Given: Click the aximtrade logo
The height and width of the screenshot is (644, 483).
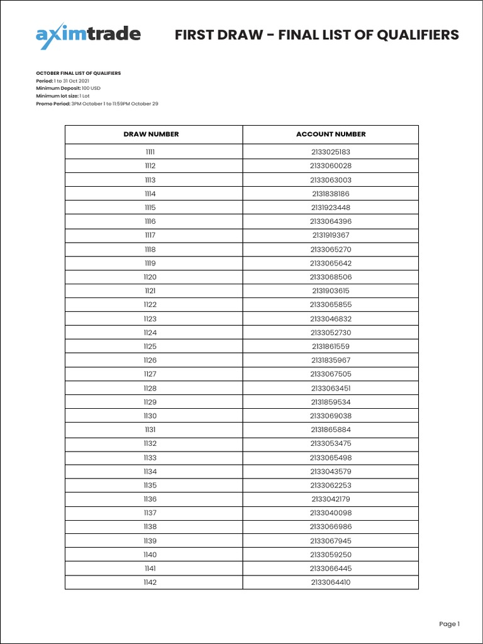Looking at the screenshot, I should [88, 36].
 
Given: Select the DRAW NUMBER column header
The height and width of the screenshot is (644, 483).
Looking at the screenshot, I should [151, 134].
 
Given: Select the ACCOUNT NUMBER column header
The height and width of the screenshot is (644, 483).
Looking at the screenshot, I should [331, 134].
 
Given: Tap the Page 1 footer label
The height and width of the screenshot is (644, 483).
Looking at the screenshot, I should [449, 624].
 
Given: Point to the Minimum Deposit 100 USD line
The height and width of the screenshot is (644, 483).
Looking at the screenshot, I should [69, 89].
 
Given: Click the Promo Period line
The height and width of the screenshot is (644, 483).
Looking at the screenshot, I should [97, 104].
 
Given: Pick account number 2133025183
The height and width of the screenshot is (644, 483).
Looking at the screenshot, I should [331, 152].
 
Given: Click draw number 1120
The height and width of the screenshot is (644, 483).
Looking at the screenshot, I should [150, 277].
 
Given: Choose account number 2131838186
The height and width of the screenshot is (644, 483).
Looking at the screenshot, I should [331, 194].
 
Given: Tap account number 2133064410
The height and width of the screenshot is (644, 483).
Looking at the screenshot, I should [331, 582].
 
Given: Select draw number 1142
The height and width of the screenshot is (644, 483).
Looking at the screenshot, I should [150, 582].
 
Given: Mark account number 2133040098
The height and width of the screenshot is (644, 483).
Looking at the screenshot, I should [331, 513].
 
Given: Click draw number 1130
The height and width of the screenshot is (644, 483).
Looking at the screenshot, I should [150, 416].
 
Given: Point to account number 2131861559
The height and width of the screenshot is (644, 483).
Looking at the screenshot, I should [331, 347].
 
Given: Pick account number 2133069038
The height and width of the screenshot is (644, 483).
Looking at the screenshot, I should [331, 416].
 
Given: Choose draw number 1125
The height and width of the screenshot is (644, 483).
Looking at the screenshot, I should [150, 347].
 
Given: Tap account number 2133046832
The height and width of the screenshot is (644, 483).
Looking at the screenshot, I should [331, 319].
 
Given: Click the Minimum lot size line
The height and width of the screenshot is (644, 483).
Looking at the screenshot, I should [63, 96].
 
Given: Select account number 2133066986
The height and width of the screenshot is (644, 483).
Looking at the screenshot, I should [331, 527].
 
